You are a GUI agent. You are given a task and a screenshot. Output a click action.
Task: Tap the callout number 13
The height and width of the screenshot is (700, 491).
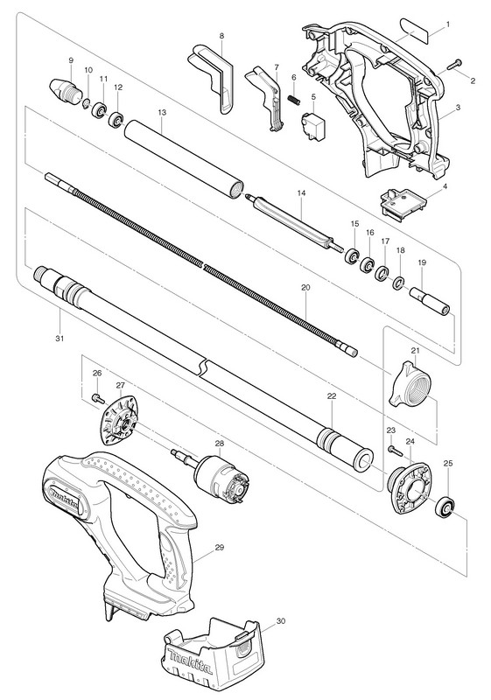coord(162,113)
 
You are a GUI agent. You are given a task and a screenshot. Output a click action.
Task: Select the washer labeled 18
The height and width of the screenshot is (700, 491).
coord(398,283)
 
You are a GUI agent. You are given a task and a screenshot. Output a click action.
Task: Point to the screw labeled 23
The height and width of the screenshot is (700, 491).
coord(396,450)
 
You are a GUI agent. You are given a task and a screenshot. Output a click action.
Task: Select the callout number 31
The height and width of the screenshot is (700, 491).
coord(60,339)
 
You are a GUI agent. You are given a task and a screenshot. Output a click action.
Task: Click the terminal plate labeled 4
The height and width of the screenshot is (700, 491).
coord(403,203)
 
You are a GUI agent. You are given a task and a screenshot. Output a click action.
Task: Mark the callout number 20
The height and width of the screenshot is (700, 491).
coord(305,288)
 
